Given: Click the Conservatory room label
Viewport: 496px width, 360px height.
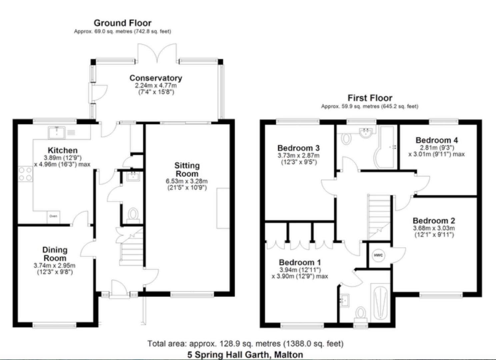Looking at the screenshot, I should [x=156, y=78].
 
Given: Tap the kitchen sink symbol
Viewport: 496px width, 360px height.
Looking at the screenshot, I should [x=57, y=132].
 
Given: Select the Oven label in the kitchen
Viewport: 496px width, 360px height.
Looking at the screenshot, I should [x=53, y=216].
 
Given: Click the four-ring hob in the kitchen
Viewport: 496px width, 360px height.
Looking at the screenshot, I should [x=25, y=174].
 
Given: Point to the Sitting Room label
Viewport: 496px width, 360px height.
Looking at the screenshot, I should [x=187, y=169].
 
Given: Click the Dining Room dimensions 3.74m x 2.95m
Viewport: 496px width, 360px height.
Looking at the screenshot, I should [x=54, y=266].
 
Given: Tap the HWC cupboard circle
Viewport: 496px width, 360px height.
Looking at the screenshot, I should [x=378, y=256].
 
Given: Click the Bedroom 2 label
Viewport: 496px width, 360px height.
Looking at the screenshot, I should [x=434, y=221].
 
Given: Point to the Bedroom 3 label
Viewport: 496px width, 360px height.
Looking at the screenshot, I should [x=298, y=148].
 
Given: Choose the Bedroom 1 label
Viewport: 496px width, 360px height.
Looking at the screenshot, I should [x=300, y=262].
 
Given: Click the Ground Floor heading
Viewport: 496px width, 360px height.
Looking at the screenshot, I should [x=122, y=23].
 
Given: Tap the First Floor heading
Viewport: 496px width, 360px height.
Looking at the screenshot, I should [x=370, y=98].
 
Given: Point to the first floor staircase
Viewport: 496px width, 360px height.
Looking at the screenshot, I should [x=379, y=217].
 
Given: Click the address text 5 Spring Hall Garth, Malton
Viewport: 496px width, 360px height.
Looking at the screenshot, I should [x=245, y=354].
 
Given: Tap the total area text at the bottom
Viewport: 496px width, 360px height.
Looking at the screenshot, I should [x=245, y=343].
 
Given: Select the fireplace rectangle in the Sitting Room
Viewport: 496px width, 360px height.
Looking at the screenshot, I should [x=223, y=208].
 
